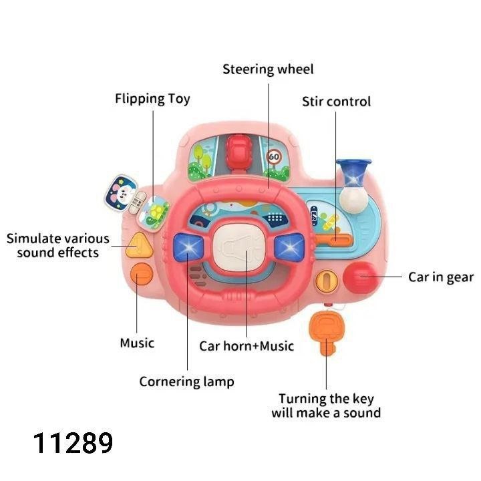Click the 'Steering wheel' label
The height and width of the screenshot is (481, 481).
click(267, 69)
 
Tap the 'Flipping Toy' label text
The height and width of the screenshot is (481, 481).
click(152, 99)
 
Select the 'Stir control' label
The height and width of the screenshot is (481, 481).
click(336, 102)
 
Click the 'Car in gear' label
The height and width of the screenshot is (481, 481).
click(440, 277)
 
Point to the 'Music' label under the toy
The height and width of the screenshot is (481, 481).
click(137, 343)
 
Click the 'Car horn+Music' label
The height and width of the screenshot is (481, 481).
click(247, 346)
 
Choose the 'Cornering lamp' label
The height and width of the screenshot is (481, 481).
click(186, 381)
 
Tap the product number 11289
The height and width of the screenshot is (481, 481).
click(73, 444)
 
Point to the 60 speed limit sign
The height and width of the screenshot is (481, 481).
click(273, 158)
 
